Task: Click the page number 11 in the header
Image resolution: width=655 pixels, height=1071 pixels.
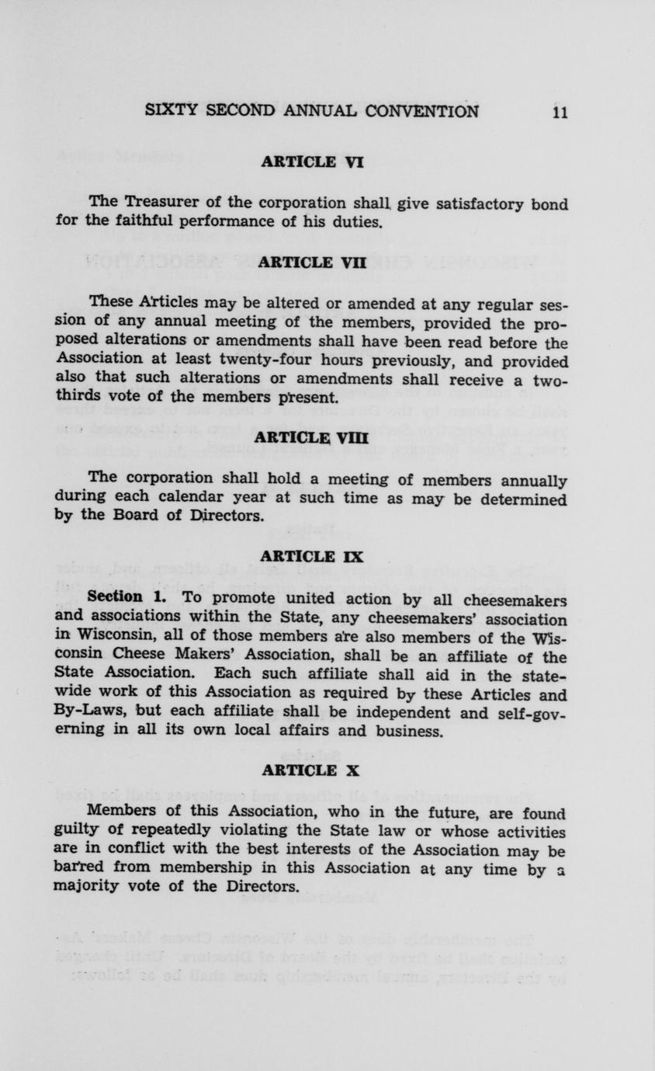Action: pos(560,111)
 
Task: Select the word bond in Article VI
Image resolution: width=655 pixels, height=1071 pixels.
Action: pos(549,204)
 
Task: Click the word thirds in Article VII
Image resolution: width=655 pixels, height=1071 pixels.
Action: pos(77,398)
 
